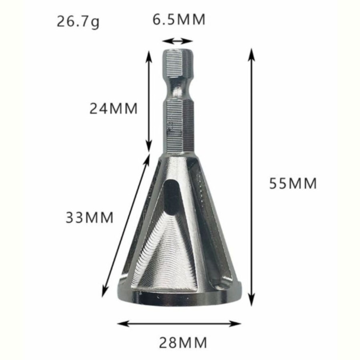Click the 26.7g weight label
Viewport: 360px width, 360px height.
tap(78, 22)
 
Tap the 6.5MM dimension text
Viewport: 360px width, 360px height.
tap(179, 20)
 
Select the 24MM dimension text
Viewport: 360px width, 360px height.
tap(114, 108)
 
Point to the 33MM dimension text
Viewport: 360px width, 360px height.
tap(90, 218)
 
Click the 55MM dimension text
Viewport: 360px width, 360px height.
tap(293, 184)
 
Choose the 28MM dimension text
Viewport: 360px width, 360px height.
tap(183, 343)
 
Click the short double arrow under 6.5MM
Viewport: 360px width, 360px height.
tap(178, 41)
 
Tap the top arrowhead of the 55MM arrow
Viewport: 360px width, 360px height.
tap(252, 54)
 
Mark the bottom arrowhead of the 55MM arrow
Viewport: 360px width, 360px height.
tap(252, 300)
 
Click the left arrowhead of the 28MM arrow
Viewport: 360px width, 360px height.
tap(123, 324)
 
